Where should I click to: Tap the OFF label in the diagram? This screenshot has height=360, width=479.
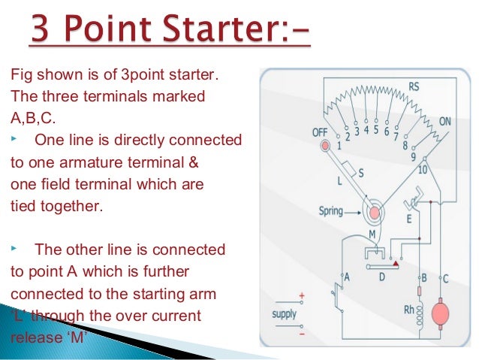pos(321,133)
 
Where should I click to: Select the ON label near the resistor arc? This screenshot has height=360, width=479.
pos(444,121)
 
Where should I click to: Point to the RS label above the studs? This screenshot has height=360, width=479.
pos(414,85)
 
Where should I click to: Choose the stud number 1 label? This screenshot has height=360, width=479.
pos(339,145)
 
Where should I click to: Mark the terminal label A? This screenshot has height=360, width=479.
pos(347,277)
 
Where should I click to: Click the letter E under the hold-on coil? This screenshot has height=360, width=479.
pos(409,219)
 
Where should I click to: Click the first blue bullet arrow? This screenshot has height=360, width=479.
pos(14,141)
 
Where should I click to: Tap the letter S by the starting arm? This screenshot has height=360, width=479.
pos(360,172)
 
